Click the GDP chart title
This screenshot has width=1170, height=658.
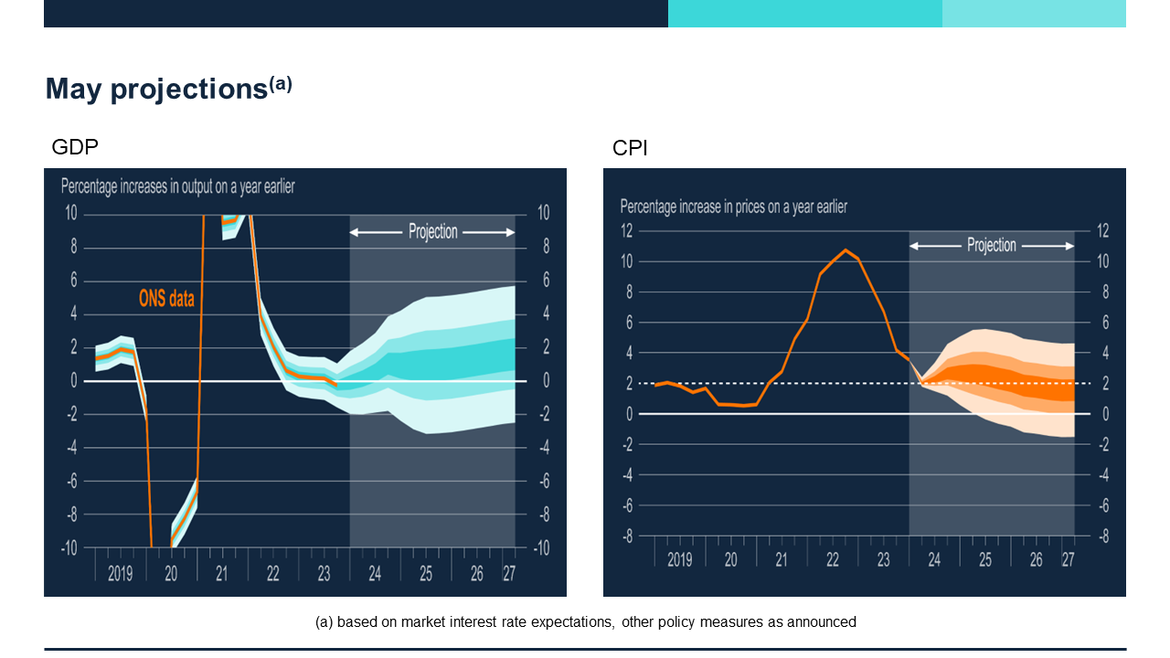[x=75, y=147]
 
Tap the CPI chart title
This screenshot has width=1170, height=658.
[x=630, y=148]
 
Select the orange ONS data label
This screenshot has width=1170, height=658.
[x=166, y=298]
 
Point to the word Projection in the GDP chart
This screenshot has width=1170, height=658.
[x=432, y=232]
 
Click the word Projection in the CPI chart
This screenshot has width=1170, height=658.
[x=992, y=246]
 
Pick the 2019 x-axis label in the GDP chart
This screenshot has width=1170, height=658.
[x=121, y=574]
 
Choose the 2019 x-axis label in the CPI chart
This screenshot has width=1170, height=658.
[x=679, y=559]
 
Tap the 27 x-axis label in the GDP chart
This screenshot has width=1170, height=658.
[x=509, y=574]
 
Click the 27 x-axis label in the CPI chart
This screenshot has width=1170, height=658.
[x=1067, y=559]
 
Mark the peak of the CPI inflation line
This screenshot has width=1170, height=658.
[x=846, y=249]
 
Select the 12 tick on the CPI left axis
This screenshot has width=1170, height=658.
[x=627, y=230]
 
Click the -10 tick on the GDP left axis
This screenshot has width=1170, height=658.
[x=69, y=548]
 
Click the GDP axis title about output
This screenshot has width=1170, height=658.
[x=177, y=187]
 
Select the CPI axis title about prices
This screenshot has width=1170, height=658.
[x=733, y=207]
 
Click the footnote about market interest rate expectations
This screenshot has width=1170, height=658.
[x=585, y=622]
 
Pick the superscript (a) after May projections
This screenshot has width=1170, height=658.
[x=281, y=83]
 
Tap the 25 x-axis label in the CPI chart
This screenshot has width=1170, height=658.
[x=984, y=559]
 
